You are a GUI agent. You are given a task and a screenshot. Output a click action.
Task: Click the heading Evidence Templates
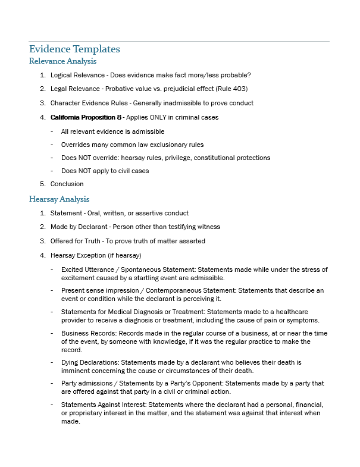pos(74,49)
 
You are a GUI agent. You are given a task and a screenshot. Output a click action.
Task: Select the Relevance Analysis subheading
pos(62,61)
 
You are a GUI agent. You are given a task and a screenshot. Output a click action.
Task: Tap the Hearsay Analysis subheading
pos(59,199)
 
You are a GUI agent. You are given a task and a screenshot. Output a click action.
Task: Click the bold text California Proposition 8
pos(86,118)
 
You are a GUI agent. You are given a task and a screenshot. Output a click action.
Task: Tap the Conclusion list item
pos(67,184)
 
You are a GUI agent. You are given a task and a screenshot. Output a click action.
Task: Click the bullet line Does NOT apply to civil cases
pos(105,171)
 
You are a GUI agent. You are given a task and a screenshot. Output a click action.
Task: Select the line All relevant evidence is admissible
pos(112,131)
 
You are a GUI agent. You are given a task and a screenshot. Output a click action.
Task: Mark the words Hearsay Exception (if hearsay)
pos(95,255)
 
